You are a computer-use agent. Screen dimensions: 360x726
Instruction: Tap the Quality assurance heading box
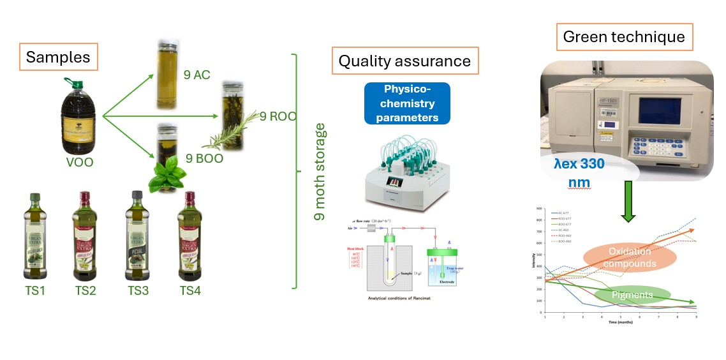click(404, 61)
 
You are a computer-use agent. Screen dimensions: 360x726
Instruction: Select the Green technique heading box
click(624, 38)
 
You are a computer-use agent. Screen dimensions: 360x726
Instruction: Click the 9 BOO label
click(204, 158)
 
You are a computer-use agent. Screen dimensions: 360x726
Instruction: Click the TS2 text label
click(86, 291)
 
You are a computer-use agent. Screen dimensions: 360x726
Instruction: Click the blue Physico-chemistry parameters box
click(406, 103)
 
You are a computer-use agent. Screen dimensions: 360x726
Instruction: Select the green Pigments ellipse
click(632, 296)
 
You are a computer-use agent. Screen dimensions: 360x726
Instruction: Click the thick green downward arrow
click(628, 202)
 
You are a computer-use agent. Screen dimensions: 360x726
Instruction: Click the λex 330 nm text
click(579, 173)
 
